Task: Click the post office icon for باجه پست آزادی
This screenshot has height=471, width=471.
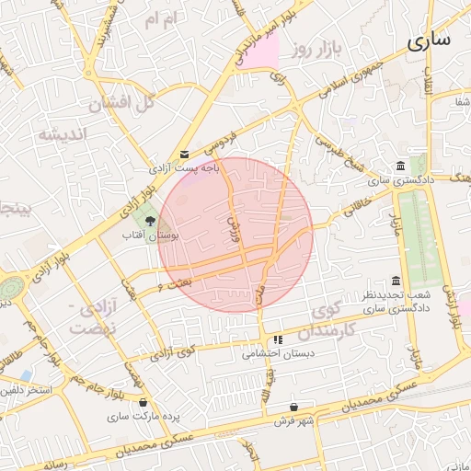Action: (x=186, y=155)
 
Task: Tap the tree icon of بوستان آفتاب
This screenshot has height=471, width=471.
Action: (x=151, y=220)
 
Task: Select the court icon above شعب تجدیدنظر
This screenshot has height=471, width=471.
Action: (x=396, y=281)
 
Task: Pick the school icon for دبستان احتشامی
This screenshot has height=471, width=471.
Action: (x=278, y=339)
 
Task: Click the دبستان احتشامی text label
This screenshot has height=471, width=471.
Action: (x=279, y=353)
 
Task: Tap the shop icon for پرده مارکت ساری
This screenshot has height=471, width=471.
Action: (x=143, y=402)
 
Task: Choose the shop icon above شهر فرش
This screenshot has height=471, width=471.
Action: (x=293, y=407)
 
